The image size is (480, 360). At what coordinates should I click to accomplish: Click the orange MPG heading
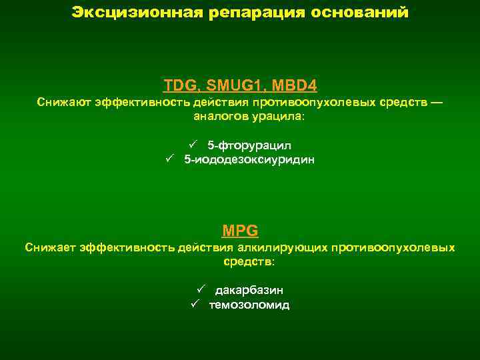tap(240, 231)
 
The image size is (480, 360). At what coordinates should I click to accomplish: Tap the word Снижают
tap(63, 103)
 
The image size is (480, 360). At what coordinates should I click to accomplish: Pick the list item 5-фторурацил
tap(249, 145)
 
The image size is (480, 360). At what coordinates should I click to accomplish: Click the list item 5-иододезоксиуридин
tap(249, 160)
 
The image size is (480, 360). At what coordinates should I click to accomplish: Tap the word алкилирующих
tap(279, 248)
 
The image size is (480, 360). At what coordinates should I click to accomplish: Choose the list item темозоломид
tap(249, 305)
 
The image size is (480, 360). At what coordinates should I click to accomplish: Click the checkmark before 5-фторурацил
tap(192, 145)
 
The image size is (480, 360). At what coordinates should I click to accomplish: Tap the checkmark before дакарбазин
tap(199, 289)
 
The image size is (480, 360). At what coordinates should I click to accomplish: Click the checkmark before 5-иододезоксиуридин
tap(169, 159)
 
